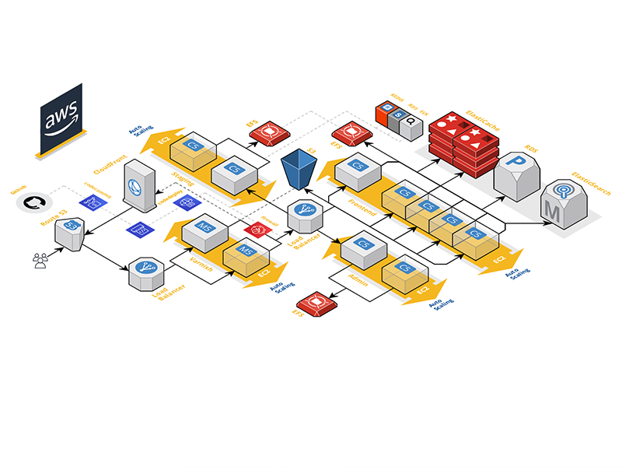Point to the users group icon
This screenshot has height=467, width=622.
click(40, 260)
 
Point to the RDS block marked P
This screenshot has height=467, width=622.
click(515, 175)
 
